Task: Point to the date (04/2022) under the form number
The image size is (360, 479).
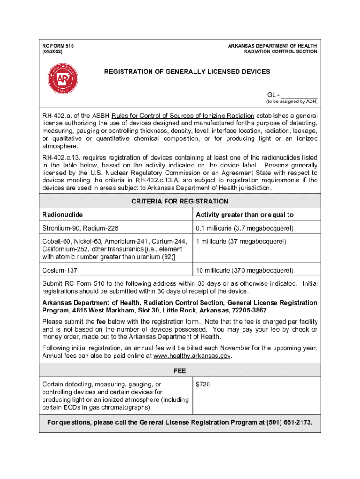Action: tap(52, 51)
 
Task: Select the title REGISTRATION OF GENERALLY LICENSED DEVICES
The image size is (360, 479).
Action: tap(187, 72)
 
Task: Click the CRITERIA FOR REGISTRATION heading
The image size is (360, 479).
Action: tap(180, 202)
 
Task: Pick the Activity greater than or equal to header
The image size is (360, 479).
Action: tap(245, 215)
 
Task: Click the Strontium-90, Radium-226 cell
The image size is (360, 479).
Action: tap(80, 228)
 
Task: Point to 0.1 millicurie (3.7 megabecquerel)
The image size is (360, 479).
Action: tap(245, 228)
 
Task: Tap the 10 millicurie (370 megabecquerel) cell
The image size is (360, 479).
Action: tap(245, 270)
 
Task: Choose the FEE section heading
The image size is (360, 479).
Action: tap(180, 371)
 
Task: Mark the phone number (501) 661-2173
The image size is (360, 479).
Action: tap(289, 423)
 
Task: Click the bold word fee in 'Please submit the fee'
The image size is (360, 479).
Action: tap(101, 322)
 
